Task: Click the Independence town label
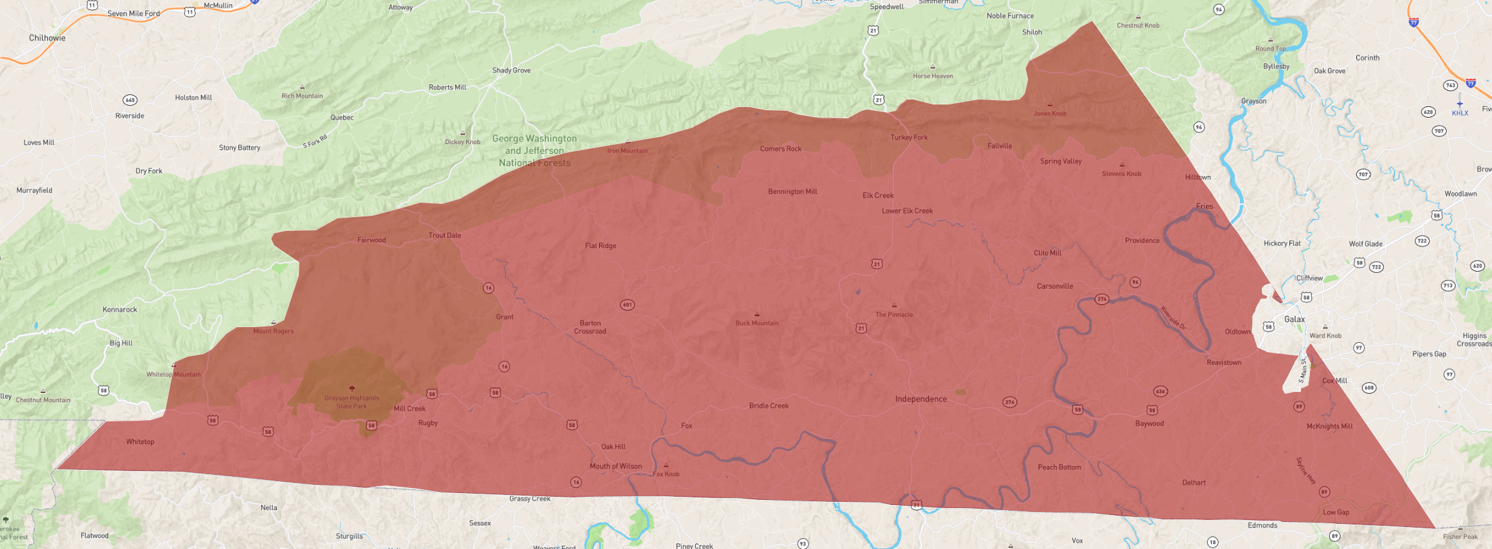pyautogui.click(x=920, y=399)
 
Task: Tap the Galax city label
pyautogui.click(x=1294, y=319)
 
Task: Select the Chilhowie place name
pyautogui.click(x=47, y=38)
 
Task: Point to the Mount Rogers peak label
pyautogui.click(x=273, y=331)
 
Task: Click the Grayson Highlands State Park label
pyautogui.click(x=351, y=402)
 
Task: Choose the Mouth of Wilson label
pyautogui.click(x=616, y=466)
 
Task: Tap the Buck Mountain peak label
pyautogui.click(x=756, y=323)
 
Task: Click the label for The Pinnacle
pyautogui.click(x=893, y=314)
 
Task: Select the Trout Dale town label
pyautogui.click(x=445, y=235)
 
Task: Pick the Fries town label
pyautogui.click(x=1204, y=206)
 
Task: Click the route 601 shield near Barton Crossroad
pyautogui.click(x=627, y=305)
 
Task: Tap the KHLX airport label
pyautogui.click(x=1459, y=113)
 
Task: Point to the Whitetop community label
pyautogui.click(x=140, y=441)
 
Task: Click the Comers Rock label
pyautogui.click(x=780, y=149)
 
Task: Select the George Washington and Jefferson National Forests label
pyautogui.click(x=534, y=150)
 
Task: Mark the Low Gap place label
pyautogui.click(x=1335, y=512)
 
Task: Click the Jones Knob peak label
pyautogui.click(x=1049, y=114)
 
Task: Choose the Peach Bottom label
pyautogui.click(x=1059, y=467)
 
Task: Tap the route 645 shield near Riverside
pyautogui.click(x=130, y=100)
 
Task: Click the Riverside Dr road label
pyautogui.click(x=1173, y=318)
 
